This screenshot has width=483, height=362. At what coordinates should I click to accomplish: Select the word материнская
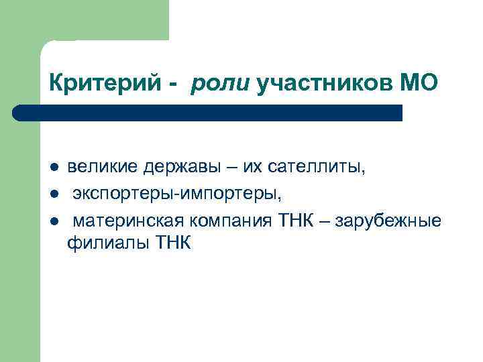click(129, 221)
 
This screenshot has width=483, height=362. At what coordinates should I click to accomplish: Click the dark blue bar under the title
click(208, 113)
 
